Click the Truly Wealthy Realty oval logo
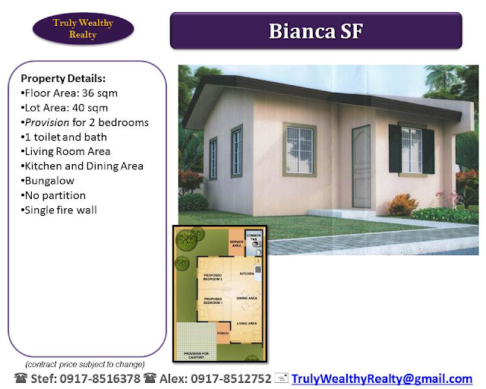84,28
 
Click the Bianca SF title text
316,31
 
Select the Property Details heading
63,78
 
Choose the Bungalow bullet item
50,180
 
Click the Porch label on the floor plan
223,332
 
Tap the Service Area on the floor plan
236,243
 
